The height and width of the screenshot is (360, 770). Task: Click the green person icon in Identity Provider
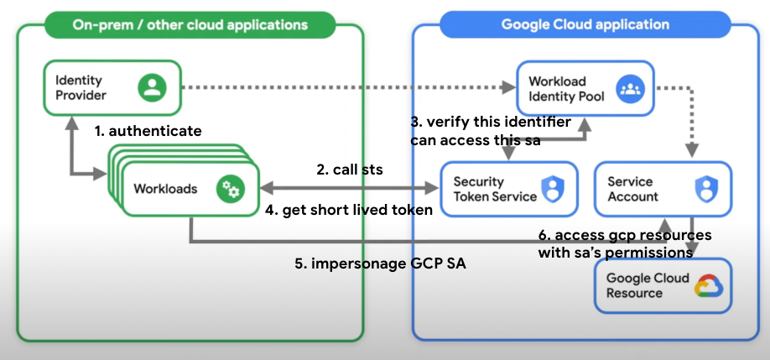click(x=153, y=87)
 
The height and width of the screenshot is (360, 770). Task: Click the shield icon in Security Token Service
click(x=551, y=189)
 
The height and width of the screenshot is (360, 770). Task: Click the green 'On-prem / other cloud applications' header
click(x=190, y=23)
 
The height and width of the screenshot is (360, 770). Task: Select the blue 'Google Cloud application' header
click(x=585, y=23)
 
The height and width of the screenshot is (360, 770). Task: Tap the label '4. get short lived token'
click(x=349, y=210)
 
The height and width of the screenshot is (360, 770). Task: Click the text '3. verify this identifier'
click(x=491, y=123)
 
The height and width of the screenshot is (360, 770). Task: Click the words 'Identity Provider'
click(x=81, y=87)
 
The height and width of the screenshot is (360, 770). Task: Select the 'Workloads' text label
click(x=165, y=189)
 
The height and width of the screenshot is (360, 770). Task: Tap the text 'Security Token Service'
click(x=494, y=189)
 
